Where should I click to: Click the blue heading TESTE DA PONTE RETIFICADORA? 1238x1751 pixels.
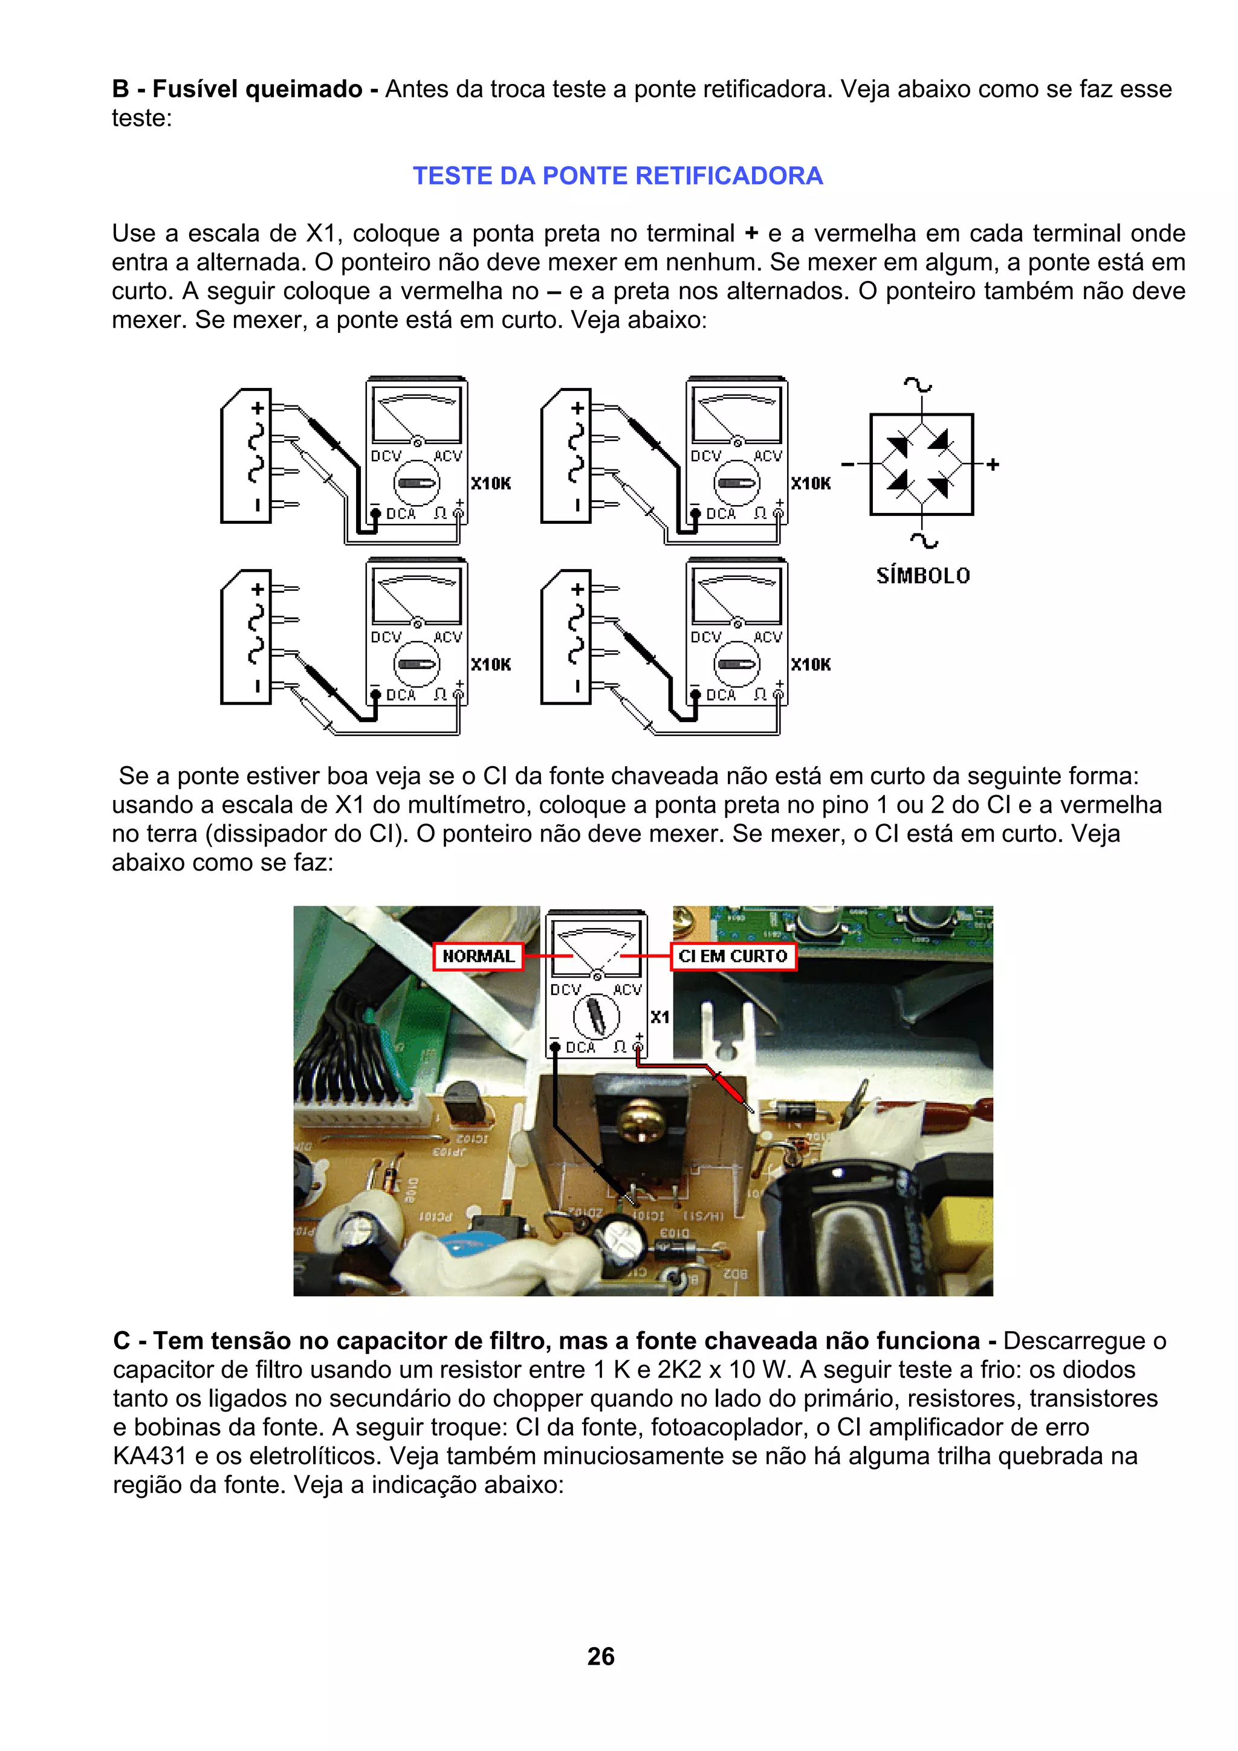617,176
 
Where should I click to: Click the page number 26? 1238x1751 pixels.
600,1656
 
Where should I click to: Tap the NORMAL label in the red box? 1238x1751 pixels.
478,956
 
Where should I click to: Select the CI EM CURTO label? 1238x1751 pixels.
732,956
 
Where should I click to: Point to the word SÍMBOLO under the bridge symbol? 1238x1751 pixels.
922,576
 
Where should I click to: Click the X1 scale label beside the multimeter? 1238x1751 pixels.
660,1017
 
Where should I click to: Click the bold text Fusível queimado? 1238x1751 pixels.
257,89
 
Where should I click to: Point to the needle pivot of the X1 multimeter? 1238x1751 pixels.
597,975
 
